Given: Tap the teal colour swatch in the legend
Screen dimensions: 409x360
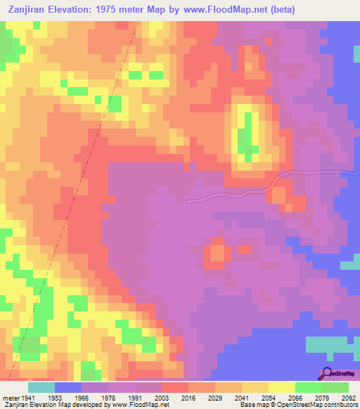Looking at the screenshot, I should (x=41, y=387).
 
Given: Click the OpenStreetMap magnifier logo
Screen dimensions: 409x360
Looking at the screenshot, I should (x=327, y=372).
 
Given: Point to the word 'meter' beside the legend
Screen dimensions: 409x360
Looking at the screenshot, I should (x=10, y=398).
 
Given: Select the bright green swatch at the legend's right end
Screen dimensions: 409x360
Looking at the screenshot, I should (x=335, y=387).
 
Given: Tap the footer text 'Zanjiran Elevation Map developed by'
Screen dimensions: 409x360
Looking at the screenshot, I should (x=41, y=405).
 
